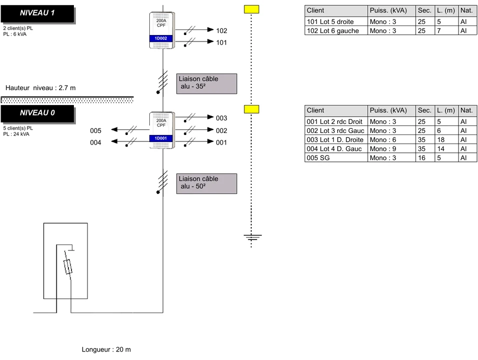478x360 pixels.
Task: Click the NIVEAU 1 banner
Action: tap(37, 13)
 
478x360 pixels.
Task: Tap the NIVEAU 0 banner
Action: tap(37, 113)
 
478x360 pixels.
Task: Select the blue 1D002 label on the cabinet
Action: tap(161, 38)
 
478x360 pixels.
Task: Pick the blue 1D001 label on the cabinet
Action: tap(161, 138)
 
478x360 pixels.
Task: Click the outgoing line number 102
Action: tap(222, 31)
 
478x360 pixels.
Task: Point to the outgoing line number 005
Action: tap(95, 131)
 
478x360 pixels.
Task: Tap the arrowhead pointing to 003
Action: tap(210, 117)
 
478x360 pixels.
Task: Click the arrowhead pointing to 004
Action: tap(114, 141)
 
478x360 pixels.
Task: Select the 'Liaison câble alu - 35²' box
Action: tap(207, 83)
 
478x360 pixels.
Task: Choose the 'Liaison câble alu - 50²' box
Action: tap(207, 183)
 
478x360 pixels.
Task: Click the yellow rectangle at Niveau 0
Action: tap(252, 109)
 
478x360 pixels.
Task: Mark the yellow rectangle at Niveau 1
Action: tap(252, 9)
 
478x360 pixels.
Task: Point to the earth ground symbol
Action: tap(252, 237)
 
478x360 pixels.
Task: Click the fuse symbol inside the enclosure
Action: tap(68, 267)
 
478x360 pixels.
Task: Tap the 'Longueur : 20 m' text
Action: tap(106, 349)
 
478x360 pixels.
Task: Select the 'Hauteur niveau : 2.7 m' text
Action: tap(40, 88)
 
